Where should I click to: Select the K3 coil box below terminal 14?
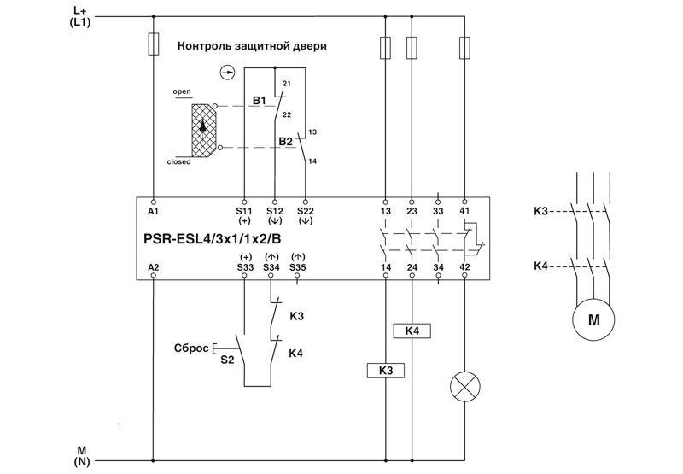[x=385, y=370]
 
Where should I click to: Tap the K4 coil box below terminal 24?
[x=412, y=331]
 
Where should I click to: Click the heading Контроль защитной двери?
[x=251, y=45]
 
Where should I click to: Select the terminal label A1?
[x=153, y=209]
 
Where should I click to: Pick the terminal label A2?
[x=153, y=267]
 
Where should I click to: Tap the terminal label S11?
[x=245, y=209]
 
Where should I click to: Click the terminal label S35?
[x=297, y=267]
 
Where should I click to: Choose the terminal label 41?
[x=464, y=209]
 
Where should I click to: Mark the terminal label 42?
[x=464, y=267]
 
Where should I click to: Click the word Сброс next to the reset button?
[x=191, y=348]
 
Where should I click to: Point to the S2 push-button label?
[x=226, y=360]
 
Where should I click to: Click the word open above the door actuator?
[x=181, y=90]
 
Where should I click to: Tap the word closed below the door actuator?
[x=178, y=161]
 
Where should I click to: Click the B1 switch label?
[x=259, y=101]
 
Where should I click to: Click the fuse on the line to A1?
[x=153, y=44]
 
